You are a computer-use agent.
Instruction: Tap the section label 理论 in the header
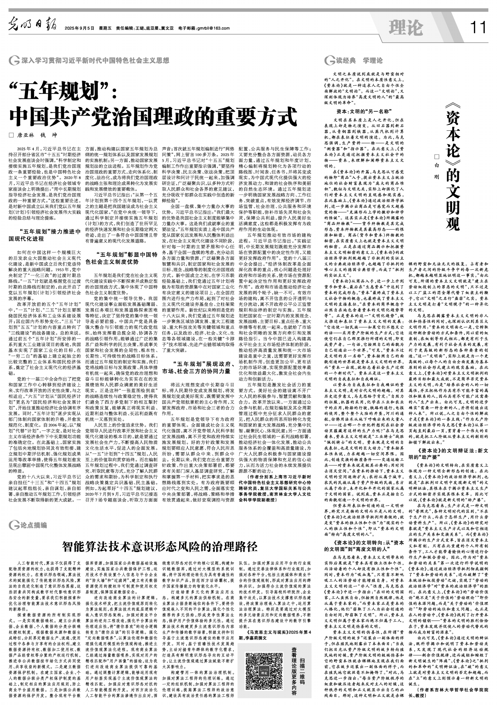coord(406,28)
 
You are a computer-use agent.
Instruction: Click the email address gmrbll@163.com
coord(212,29)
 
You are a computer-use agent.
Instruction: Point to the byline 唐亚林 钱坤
coord(38,135)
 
